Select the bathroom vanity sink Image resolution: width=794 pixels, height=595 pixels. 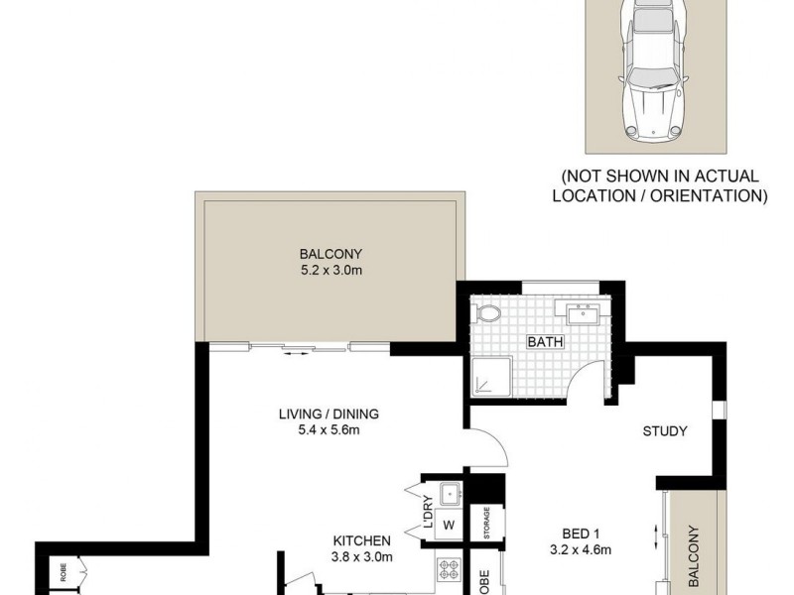pos(580,315)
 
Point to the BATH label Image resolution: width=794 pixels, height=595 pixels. pos(545,343)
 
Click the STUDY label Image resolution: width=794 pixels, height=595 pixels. pos(665,431)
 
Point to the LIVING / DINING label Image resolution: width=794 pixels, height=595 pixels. pos(329,415)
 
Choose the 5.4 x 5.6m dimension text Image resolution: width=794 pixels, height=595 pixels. pos(329,430)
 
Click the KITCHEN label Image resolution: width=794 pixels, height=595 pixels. pos(362,540)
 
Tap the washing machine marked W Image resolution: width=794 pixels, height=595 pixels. pos(448,525)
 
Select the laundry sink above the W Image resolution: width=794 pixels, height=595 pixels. pos(449,491)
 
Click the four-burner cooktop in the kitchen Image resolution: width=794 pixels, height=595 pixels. pos(448,570)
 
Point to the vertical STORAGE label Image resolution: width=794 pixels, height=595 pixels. pos(487,525)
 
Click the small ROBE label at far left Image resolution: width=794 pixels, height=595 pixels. pos(63,572)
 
